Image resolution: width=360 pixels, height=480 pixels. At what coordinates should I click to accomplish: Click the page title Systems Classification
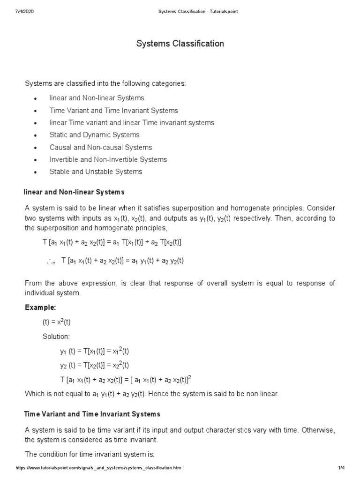[180, 44]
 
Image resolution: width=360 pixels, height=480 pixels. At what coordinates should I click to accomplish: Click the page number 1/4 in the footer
[341, 468]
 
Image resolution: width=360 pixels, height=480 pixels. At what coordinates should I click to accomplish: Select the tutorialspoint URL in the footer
[98, 468]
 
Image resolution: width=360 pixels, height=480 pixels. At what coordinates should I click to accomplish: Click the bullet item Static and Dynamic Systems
[94, 135]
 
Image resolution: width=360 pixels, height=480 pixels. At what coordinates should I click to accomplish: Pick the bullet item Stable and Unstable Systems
[96, 172]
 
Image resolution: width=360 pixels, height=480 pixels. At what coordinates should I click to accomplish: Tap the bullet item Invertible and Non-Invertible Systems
[108, 159]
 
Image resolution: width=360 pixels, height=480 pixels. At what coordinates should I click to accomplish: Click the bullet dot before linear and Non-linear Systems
[36, 99]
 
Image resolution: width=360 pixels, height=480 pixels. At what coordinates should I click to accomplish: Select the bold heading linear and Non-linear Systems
[74, 192]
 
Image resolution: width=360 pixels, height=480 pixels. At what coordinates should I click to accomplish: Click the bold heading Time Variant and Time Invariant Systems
[92, 414]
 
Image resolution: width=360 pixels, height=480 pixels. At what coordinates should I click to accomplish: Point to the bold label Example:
[40, 307]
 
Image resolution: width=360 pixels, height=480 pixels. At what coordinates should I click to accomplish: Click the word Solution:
[56, 337]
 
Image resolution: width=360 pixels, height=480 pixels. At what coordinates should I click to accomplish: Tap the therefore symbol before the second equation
[51, 262]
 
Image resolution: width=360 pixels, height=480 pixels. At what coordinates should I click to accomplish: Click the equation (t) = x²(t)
[56, 322]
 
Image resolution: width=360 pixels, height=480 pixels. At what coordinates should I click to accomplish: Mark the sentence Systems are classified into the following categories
[105, 83]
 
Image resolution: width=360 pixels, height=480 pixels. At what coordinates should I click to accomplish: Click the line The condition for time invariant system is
[89, 455]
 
